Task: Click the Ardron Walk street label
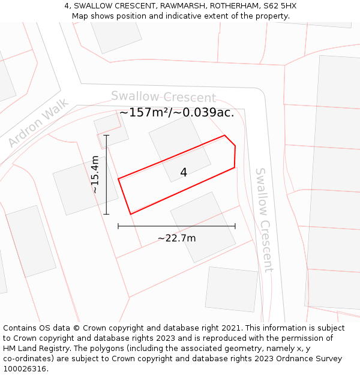38,123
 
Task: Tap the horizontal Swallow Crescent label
163,97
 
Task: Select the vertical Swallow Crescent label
264,220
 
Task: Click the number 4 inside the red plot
184,173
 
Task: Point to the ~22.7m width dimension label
176,238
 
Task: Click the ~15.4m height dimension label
95,174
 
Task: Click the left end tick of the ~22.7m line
118,226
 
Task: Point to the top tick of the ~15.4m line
106,135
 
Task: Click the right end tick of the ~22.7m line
235,226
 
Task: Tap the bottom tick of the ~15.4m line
106,214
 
